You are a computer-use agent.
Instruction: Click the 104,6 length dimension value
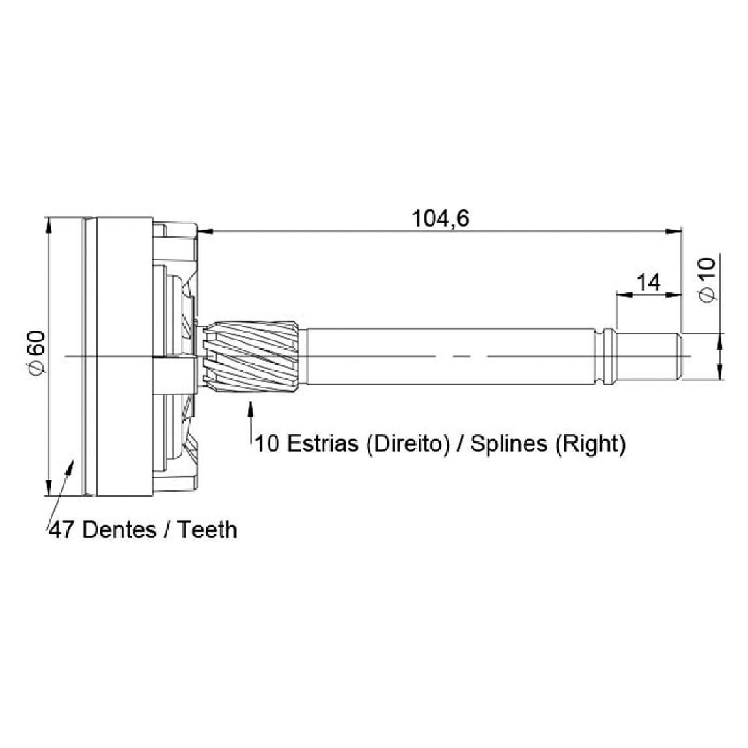tap(440, 219)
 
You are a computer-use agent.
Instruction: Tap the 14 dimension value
tap(649, 283)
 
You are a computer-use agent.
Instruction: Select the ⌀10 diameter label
tap(707, 280)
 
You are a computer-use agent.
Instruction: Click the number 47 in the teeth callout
tap(62, 530)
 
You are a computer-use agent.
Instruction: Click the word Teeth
tap(208, 530)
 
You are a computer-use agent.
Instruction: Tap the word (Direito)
tap(408, 445)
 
